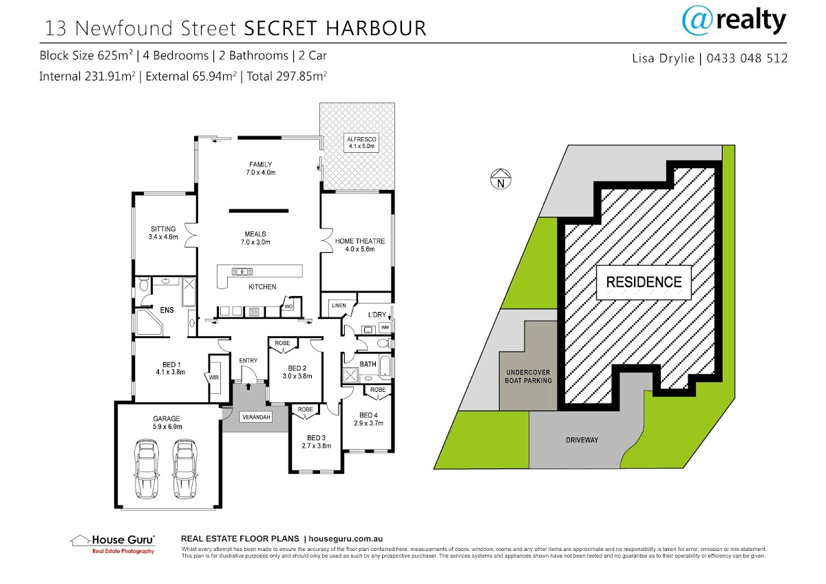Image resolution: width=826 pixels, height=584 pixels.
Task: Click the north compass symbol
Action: coord(501,180)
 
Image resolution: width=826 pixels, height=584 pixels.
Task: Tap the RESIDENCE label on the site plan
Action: coord(644,282)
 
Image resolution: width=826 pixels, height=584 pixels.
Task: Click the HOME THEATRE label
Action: coord(360,245)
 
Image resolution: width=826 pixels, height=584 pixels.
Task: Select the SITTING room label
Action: coord(163,233)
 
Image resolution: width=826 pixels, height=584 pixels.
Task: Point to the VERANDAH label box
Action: coord(255,417)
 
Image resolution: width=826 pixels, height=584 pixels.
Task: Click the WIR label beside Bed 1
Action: coord(213,377)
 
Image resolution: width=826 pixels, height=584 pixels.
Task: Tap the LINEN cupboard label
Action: coord(338,304)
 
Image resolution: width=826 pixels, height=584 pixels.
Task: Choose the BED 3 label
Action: coord(316,441)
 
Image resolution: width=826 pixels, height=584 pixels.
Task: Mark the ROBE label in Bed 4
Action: coord(377,390)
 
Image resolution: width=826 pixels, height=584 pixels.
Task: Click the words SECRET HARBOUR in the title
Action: coord(335,28)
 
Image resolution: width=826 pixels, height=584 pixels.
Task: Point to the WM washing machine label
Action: coord(384,326)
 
